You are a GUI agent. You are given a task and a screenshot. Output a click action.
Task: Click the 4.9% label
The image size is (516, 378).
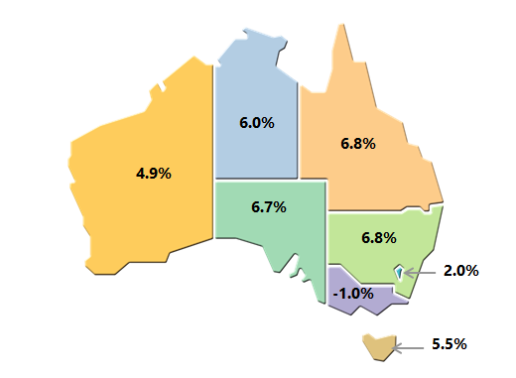154,173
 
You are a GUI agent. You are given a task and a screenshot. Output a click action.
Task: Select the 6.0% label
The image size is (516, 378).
257,123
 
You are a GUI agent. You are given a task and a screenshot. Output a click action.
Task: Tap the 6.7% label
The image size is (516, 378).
269,207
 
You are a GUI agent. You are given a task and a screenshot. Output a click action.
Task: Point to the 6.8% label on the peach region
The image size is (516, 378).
357,143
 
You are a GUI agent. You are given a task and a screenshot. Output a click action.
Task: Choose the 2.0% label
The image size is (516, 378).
460,270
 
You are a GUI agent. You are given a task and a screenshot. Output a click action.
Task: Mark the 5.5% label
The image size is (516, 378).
449,344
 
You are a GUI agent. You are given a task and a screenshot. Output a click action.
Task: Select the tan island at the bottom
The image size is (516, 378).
377,346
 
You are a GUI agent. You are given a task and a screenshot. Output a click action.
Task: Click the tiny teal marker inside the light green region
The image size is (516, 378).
399,271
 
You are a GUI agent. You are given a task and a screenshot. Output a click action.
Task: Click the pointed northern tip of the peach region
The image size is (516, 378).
344,25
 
